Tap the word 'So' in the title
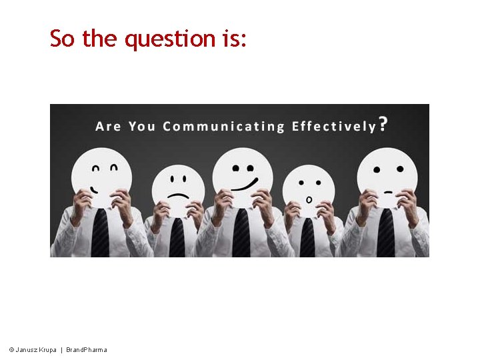click(x=62, y=39)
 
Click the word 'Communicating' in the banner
click(x=223, y=126)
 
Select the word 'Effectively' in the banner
click(x=333, y=126)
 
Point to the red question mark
click(x=383, y=124)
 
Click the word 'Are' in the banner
click(x=108, y=126)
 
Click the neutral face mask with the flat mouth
click(x=387, y=175)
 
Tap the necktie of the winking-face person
click(x=100, y=233)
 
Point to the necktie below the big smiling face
click(x=241, y=233)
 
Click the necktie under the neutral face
click(x=386, y=233)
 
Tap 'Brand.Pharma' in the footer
click(x=86, y=350)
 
